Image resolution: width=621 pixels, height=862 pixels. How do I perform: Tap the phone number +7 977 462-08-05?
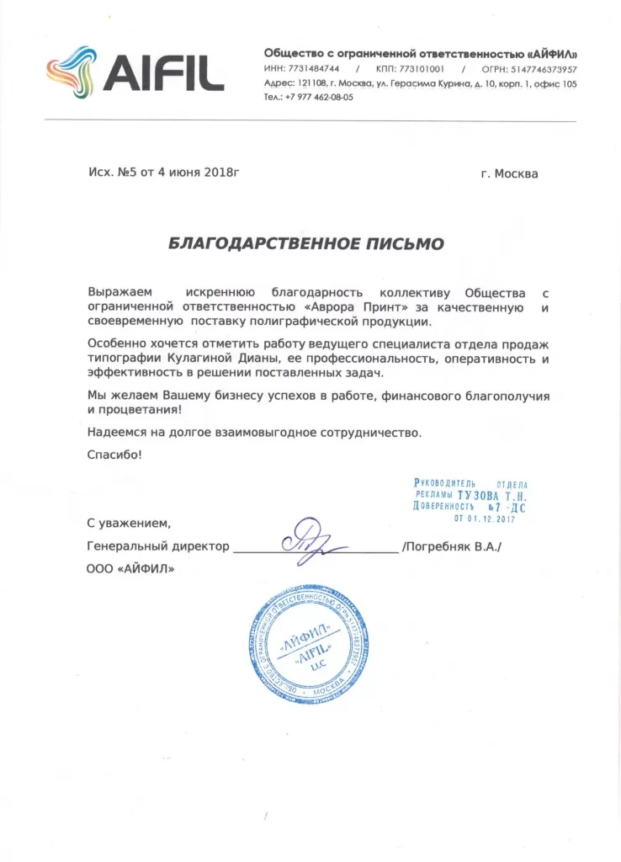coord(319,97)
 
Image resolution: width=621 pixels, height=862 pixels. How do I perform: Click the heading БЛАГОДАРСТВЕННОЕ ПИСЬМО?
coord(306,243)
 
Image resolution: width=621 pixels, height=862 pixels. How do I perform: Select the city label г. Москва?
coord(509,174)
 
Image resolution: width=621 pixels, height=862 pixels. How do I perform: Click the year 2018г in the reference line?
coord(220,173)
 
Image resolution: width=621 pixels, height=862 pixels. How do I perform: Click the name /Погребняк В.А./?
coord(452,546)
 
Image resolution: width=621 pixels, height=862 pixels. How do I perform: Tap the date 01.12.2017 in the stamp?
coord(483,519)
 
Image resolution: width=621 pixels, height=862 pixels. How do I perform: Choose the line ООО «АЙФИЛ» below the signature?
coord(131,569)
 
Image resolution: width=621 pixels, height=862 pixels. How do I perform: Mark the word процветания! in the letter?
coord(139,409)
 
